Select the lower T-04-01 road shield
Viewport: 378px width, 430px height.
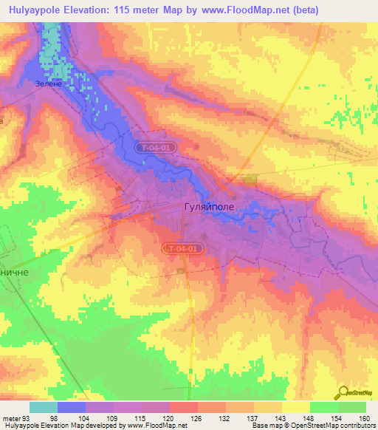click(182, 250)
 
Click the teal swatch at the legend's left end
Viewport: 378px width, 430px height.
click(43, 407)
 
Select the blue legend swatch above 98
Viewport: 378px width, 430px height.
click(71, 407)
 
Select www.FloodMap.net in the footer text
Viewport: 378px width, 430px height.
click(158, 426)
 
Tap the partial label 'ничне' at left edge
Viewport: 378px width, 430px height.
click(12, 271)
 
